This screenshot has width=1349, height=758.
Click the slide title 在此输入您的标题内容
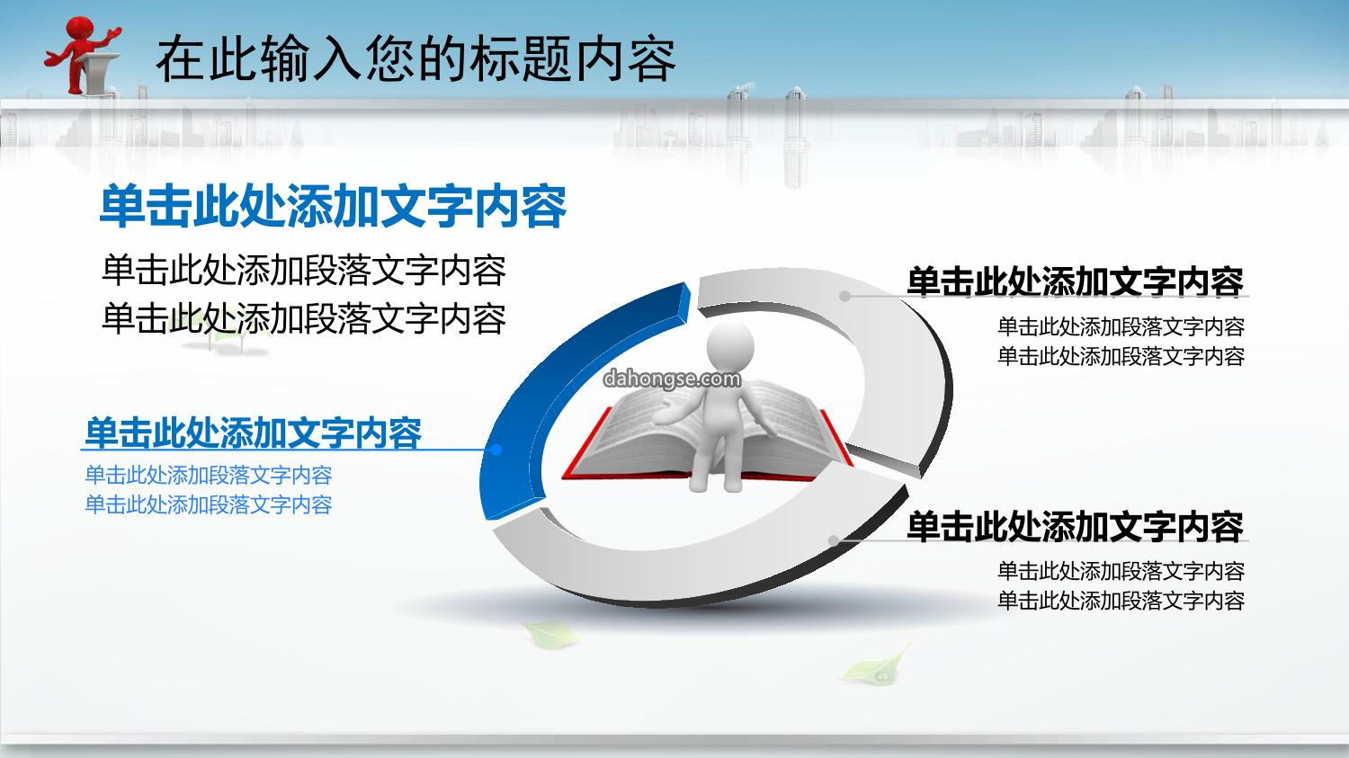pyautogui.click(x=415, y=58)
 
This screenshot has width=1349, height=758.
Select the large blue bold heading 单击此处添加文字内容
pyautogui.click(x=333, y=206)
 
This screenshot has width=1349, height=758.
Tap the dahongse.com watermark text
pyautogui.click(x=672, y=379)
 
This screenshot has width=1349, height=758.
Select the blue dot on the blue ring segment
pyautogui.click(x=496, y=450)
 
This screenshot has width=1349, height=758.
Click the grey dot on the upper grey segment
pyautogui.click(x=845, y=296)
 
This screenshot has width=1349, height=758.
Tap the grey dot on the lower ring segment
pyautogui.click(x=834, y=540)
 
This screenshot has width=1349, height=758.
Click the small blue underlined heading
pyautogui.click(x=253, y=433)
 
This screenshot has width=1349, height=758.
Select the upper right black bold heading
pyautogui.click(x=1076, y=281)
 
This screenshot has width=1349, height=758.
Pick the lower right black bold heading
pyautogui.click(x=1076, y=526)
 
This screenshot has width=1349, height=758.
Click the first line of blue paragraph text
pyautogui.click(x=209, y=475)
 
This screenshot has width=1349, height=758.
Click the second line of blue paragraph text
pyautogui.click(x=209, y=504)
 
